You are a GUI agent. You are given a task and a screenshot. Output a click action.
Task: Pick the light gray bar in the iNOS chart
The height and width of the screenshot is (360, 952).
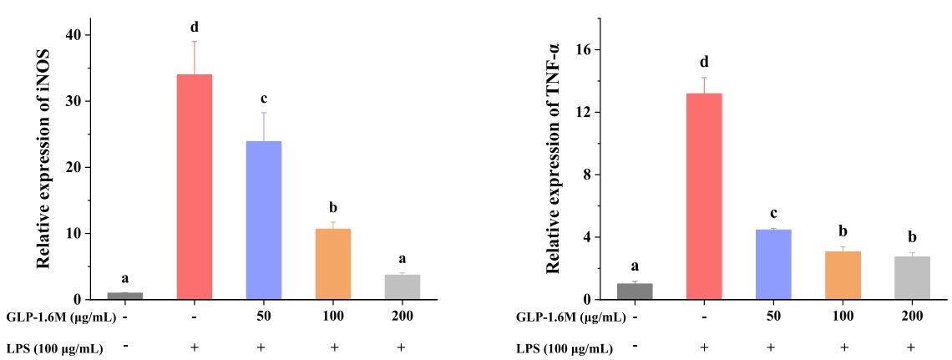[x=402, y=286]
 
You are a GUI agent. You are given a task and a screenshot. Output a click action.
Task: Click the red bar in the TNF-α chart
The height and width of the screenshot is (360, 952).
[x=704, y=196]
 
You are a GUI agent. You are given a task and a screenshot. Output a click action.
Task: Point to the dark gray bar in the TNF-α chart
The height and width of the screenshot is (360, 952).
[x=635, y=291]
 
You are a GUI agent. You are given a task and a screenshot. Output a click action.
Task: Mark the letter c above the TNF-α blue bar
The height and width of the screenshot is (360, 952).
[x=773, y=213]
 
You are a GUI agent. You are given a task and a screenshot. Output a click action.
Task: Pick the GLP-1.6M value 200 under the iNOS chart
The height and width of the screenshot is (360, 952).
[x=402, y=317]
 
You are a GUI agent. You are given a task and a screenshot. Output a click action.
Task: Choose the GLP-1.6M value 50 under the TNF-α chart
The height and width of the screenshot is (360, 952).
[x=773, y=317]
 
